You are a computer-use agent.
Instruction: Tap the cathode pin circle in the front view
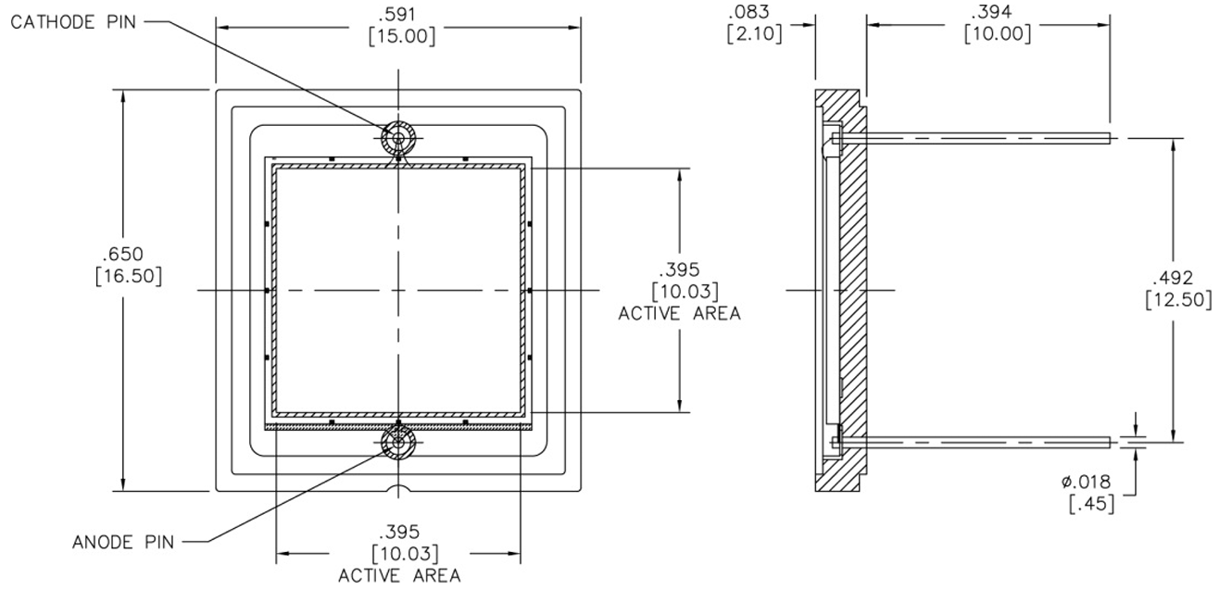coord(398,139)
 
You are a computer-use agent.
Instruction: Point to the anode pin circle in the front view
coord(398,443)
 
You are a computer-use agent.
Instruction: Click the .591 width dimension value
coord(400,15)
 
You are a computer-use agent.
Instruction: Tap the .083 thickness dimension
coord(749,13)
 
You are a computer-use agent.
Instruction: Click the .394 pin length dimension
coord(992,13)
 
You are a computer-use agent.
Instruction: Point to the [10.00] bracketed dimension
coord(992,34)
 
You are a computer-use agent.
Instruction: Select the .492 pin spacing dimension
coord(1173,278)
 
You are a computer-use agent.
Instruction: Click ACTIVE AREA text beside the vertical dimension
coord(679,313)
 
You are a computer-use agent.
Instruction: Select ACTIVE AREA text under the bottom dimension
coord(399,575)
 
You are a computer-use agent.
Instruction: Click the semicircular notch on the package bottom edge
coord(398,487)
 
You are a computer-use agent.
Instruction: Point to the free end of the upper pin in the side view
coord(1108,138)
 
